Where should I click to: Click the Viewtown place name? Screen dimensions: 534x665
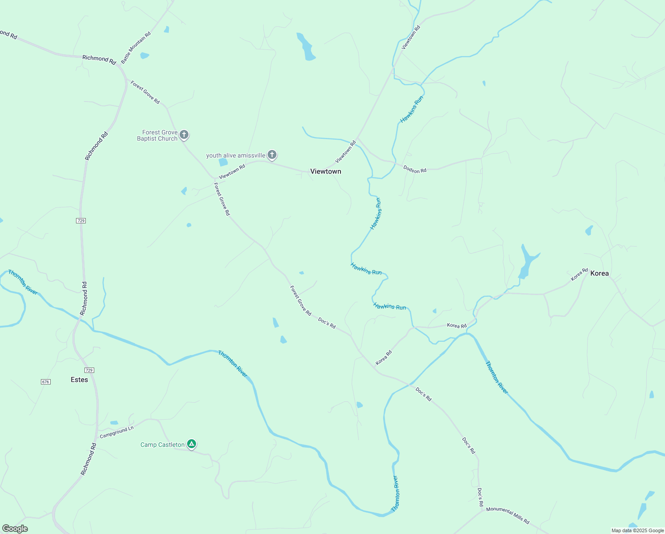click(x=325, y=171)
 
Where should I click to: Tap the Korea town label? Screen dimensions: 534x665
click(x=599, y=273)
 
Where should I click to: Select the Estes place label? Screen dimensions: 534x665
click(x=80, y=380)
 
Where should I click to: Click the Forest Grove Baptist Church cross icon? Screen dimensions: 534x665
click(x=184, y=135)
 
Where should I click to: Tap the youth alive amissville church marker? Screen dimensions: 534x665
click(x=272, y=155)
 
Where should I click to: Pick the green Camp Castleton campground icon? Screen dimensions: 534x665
click(x=191, y=444)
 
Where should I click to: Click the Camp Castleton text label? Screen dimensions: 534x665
click(x=162, y=445)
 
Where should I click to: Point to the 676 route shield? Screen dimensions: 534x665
click(x=45, y=382)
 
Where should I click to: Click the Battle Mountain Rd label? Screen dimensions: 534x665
click(x=136, y=48)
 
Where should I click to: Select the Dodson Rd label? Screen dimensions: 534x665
click(x=415, y=169)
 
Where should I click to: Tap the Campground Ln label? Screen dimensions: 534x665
click(x=116, y=432)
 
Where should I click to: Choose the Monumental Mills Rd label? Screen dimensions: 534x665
click(x=508, y=515)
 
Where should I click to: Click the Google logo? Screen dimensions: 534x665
click(x=15, y=529)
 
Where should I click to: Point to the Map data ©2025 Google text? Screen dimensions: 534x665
click(x=637, y=530)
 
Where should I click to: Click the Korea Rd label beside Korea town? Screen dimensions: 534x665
click(x=579, y=274)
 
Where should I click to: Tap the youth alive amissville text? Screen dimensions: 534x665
click(x=236, y=155)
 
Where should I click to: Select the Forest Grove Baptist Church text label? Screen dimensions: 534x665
click(x=157, y=135)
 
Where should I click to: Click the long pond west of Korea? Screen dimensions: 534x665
click(x=527, y=263)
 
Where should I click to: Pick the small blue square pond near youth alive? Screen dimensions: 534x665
click(x=223, y=162)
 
